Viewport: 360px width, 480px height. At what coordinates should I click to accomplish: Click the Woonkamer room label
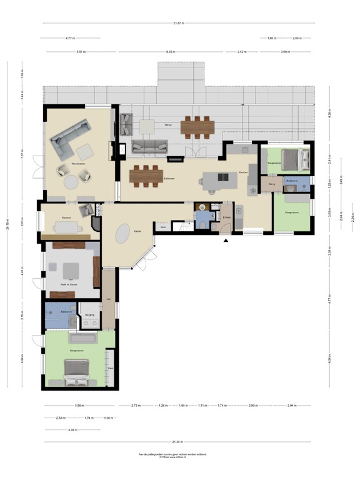(x=78, y=164)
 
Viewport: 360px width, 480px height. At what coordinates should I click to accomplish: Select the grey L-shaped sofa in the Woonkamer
(x=67, y=139)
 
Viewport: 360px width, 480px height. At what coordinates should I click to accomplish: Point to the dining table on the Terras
(x=198, y=126)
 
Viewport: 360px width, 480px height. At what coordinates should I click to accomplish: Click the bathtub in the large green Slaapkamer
(x=82, y=338)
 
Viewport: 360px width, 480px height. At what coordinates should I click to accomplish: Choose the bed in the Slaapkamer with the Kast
(x=77, y=372)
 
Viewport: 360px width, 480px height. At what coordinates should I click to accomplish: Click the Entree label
(x=226, y=217)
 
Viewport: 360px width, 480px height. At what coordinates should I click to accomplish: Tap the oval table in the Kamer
(x=124, y=232)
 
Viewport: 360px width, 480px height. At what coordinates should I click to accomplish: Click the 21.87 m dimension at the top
(x=179, y=24)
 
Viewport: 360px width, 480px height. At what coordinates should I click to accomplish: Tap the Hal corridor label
(x=109, y=299)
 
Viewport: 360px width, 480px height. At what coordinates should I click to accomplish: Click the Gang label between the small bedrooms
(x=272, y=184)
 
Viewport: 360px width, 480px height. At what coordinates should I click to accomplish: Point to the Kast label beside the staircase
(x=162, y=227)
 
